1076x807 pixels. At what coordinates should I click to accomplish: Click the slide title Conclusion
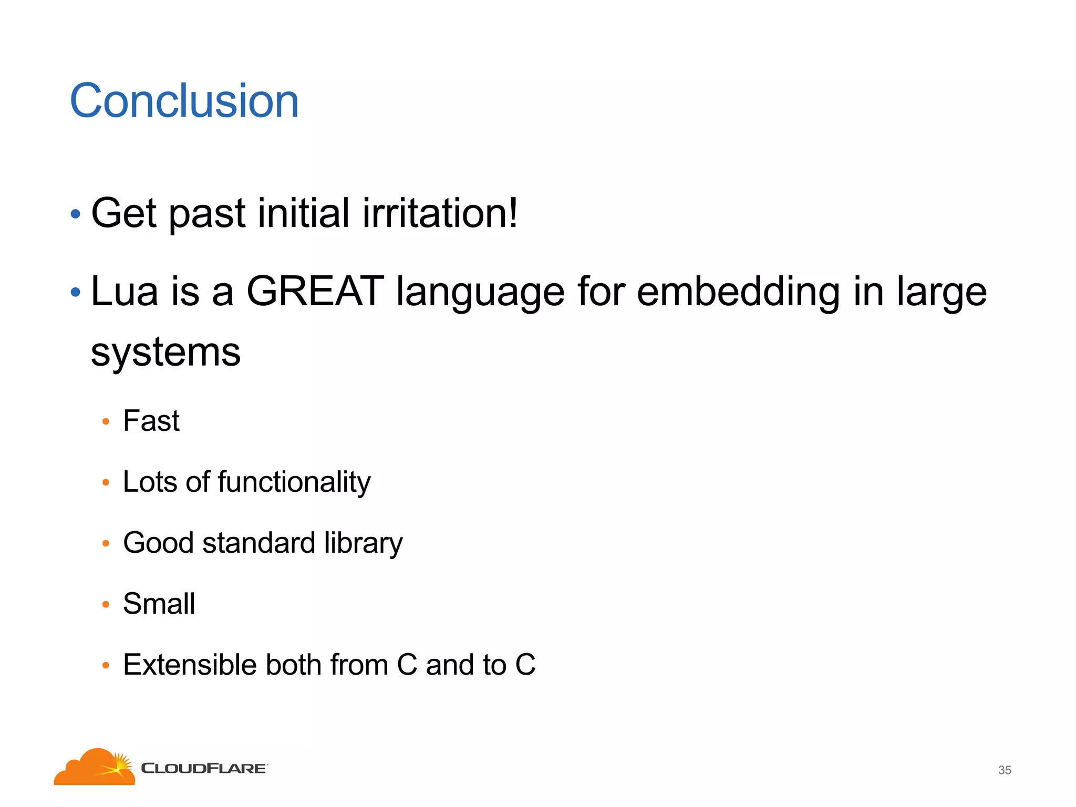184,101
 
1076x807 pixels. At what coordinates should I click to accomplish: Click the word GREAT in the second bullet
315,292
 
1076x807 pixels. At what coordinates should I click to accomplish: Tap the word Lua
124,292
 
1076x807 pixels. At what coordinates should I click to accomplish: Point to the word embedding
738,292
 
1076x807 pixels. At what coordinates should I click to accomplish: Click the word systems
165,353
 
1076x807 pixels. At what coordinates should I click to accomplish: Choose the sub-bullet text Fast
151,421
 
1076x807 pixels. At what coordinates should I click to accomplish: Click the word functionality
294,482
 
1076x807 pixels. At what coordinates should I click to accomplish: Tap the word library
363,543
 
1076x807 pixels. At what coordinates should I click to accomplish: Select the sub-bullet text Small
159,604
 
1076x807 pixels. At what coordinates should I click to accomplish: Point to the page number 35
1005,770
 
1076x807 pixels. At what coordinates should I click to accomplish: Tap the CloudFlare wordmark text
204,769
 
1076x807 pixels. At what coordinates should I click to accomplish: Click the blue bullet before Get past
76,214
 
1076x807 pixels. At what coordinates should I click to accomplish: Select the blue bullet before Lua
76,292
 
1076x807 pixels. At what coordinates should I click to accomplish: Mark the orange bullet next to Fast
106,421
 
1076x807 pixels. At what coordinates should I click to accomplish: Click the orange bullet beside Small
106,604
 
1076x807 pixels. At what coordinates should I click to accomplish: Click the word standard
258,543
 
